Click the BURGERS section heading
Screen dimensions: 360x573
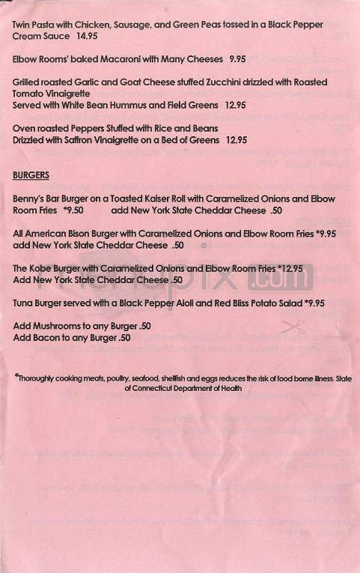(x=31, y=175)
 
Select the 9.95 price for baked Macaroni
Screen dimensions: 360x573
(x=238, y=58)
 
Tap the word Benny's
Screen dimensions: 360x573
(x=29, y=199)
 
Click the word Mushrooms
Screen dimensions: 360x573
(x=59, y=327)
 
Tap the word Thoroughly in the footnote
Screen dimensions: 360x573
(x=41, y=378)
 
